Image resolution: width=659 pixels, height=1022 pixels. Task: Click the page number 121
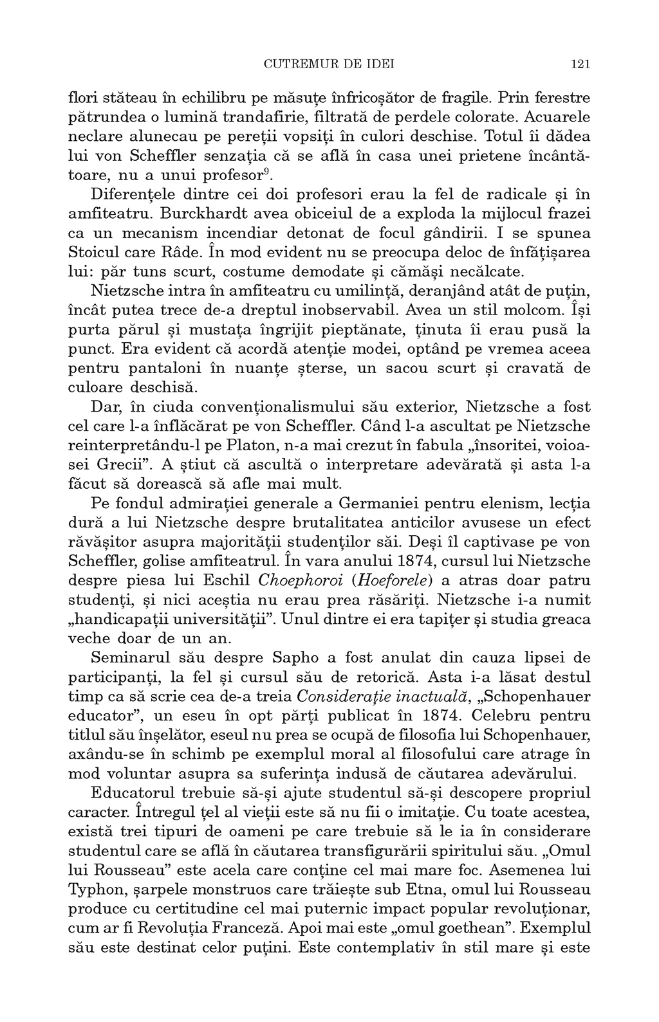580,64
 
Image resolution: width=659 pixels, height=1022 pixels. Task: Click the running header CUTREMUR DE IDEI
329,64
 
